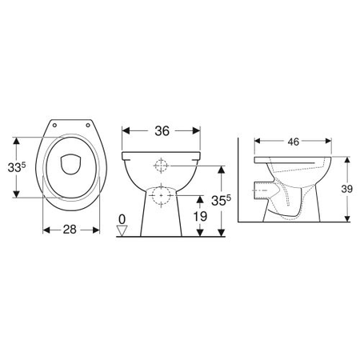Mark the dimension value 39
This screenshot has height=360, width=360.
coord(347,189)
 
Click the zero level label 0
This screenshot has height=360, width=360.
coord(122,218)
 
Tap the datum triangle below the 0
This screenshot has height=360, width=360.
coord(122,230)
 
